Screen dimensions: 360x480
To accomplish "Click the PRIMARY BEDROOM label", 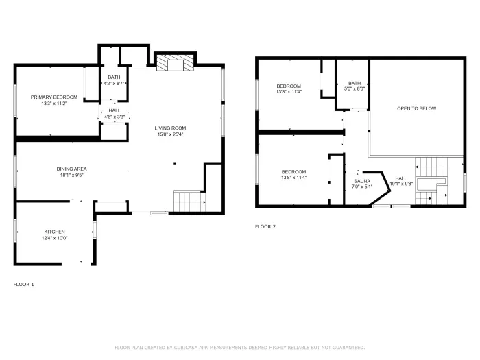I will pos(53,97).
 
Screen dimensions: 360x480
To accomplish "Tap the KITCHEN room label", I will pos(55,232).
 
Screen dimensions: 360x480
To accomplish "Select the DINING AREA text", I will pos(71,169).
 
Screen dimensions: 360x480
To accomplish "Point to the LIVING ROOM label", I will pos(169,128).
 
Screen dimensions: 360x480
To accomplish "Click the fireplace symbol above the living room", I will pos(174,64).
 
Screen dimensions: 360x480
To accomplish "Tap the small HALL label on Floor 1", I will pos(114,110).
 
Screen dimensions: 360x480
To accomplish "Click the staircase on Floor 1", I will pos(189,202).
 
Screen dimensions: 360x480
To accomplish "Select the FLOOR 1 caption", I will pos(23,284).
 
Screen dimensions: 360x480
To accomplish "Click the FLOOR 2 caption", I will pos(265,226).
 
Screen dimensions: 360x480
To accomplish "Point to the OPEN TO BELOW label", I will pos(416,108).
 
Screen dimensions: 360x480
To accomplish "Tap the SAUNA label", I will pos(361,180).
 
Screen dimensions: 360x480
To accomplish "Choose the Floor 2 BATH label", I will pos(354,83).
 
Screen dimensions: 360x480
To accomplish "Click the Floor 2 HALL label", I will pos(400,178).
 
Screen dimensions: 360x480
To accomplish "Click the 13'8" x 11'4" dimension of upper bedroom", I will pos(289,92).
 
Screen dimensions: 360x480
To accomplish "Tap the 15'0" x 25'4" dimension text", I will pos(169,134).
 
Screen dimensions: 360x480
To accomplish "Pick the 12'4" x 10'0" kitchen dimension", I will pos(55,238).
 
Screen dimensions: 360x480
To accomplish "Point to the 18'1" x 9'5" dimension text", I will pos(71,175).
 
